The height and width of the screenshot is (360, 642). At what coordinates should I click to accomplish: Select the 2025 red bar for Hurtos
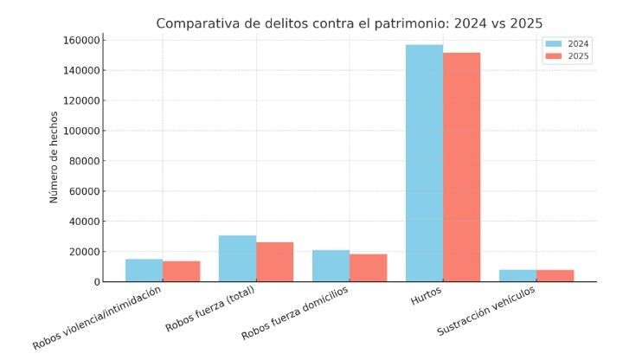pos(461,167)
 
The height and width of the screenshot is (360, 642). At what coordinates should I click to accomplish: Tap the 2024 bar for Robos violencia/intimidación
pos(144,270)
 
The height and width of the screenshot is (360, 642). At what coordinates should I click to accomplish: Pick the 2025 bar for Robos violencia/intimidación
pos(181,271)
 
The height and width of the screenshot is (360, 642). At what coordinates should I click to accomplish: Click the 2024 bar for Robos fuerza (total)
pos(237,258)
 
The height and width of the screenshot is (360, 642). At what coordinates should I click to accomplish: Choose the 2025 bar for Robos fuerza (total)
pos(274,261)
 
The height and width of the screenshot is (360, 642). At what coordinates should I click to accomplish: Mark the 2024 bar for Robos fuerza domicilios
pos(331,266)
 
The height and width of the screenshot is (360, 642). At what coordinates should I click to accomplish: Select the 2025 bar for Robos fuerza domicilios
pos(368,267)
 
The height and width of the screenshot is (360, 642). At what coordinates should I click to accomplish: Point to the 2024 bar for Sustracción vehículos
pos(517,275)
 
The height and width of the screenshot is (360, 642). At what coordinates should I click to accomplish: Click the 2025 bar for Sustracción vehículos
pos(555,275)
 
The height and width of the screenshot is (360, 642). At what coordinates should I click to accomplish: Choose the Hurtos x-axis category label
pos(426,292)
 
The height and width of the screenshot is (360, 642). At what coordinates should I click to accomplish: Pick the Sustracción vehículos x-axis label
pos(486,310)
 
